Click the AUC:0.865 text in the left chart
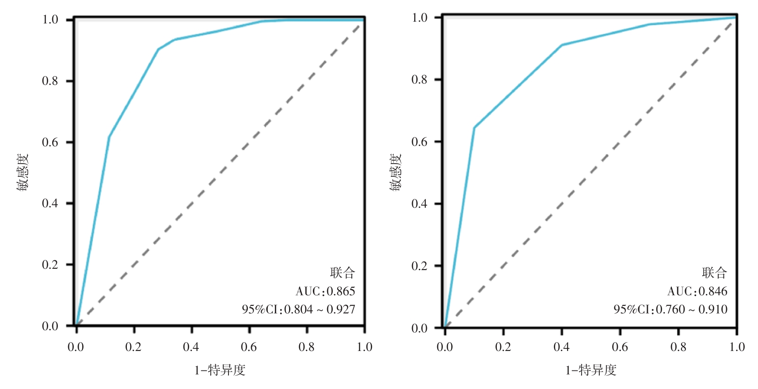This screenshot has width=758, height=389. (325, 291)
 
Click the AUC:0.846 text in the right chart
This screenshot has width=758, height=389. (697, 291)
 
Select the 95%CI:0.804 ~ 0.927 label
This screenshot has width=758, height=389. (298, 309)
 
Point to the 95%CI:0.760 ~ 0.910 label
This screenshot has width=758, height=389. (670, 309)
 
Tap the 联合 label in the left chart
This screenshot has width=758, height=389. (343, 273)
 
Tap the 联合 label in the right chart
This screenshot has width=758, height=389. (714, 273)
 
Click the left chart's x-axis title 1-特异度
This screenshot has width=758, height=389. (220, 370)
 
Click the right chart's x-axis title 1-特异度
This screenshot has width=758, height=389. (591, 370)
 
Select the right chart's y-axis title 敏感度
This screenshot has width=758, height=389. (396, 172)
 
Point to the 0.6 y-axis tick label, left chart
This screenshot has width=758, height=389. (50, 142)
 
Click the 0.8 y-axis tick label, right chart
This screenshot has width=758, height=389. (419, 80)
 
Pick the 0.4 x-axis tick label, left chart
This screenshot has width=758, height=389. (191, 347)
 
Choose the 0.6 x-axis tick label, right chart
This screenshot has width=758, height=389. (620, 347)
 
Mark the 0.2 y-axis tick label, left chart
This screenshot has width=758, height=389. (50, 265)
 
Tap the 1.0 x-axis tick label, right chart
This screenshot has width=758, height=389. (737, 347)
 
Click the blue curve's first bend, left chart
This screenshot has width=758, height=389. (109, 137)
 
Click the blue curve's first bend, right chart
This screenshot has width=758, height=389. (474, 128)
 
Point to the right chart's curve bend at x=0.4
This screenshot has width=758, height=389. (562, 45)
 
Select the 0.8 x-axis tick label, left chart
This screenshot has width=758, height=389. (306, 347)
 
